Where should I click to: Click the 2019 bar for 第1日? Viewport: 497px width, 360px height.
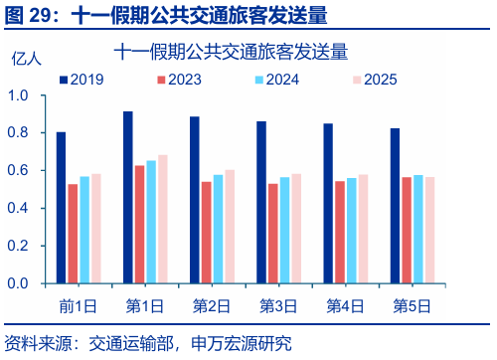(x=128, y=197)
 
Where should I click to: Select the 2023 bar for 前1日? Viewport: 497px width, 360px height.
(x=73, y=234)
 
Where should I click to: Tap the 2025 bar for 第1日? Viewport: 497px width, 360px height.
(x=163, y=219)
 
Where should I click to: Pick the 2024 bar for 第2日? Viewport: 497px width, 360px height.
(x=219, y=229)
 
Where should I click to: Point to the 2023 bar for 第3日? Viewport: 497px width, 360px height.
(x=273, y=234)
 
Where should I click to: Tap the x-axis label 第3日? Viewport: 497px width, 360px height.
(x=276, y=304)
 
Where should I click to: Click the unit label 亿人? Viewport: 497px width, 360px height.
(x=26, y=58)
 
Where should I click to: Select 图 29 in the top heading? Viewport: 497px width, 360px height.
(x=27, y=17)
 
